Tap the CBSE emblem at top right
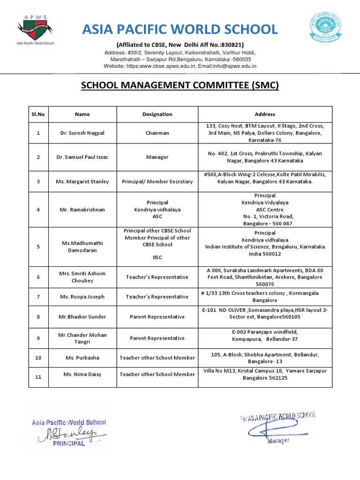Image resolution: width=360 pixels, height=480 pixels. [324, 27]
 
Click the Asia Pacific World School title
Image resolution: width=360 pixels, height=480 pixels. [180, 30]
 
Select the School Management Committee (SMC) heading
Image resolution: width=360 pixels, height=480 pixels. [180, 85]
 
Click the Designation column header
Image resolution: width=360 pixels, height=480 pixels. [157, 114]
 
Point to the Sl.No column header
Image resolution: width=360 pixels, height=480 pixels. [38, 114]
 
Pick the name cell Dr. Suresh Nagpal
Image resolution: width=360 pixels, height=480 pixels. [82, 133]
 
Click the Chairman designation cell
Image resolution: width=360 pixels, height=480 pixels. [157, 133]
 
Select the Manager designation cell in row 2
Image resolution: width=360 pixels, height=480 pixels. [157, 157]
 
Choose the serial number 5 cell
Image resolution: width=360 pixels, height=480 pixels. [38, 247]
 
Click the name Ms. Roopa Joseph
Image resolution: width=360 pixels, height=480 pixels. [82, 297]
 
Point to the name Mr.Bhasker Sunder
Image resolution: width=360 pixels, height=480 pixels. [82, 317]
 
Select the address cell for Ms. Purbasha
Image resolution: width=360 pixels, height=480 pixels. [265, 358]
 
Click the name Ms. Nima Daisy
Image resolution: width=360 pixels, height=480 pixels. [82, 374]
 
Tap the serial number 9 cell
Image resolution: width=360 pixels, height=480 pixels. [38, 338]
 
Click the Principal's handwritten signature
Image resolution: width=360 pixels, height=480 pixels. [68, 433]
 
